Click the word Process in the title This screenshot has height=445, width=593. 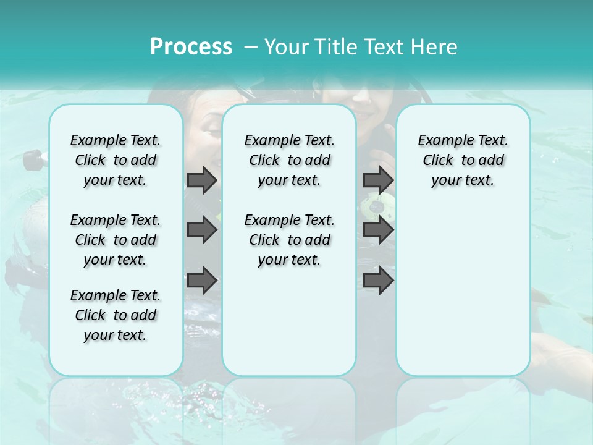[191, 46]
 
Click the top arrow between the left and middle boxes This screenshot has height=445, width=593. [202, 180]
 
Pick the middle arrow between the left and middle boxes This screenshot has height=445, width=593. [202, 231]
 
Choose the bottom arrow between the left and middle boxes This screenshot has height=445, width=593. [202, 280]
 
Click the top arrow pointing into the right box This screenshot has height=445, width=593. [378, 180]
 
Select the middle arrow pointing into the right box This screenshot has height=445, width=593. [378, 231]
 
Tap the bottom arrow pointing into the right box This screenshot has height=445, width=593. [378, 281]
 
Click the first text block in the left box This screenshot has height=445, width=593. [116, 160]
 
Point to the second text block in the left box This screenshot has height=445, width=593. [116, 240]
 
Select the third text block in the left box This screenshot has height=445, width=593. [116, 315]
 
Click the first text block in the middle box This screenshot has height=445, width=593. [289, 160]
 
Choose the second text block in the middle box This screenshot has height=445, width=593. [289, 240]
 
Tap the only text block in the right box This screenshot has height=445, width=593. [463, 160]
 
